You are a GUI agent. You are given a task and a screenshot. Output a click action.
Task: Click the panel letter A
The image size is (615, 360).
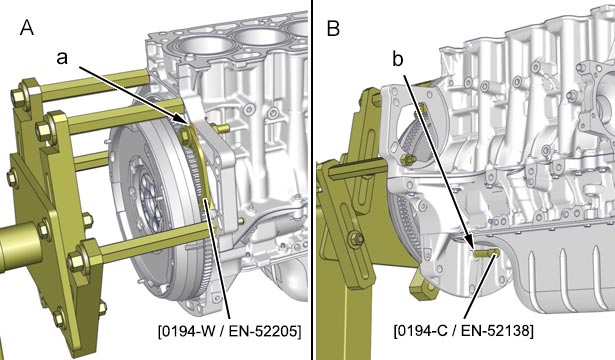pos(27,28)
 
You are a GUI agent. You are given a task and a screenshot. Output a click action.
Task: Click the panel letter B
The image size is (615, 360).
pos(333,28)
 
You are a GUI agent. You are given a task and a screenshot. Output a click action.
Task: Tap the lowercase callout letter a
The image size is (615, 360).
pos(62,58)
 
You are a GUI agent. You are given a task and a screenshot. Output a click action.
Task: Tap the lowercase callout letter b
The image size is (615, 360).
pos(398,59)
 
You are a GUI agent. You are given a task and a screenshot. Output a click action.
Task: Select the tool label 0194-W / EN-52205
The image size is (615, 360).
pos(230,332)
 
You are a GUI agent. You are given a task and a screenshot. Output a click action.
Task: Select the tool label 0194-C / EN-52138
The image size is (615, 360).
pos(464,330)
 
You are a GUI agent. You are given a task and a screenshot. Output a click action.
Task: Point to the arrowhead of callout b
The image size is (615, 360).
pos(471,243)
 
